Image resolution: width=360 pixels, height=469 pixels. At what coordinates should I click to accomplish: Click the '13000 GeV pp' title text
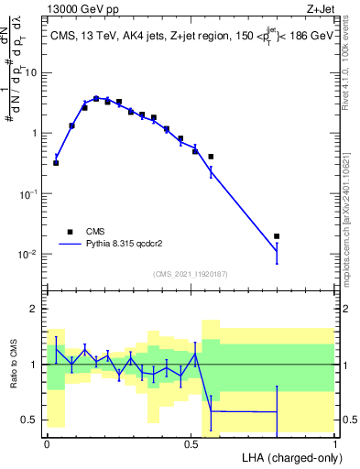[80, 8]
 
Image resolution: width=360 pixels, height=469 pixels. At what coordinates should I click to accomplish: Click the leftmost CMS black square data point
[56, 162]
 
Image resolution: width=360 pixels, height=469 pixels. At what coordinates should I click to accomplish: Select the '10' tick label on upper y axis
[32, 72]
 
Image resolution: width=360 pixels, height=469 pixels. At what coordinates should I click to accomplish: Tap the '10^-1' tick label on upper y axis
[29, 193]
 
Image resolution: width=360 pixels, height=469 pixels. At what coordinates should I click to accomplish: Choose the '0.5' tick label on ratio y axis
[32, 420]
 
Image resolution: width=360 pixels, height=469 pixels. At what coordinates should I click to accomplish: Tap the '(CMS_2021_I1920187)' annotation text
[191, 273]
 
